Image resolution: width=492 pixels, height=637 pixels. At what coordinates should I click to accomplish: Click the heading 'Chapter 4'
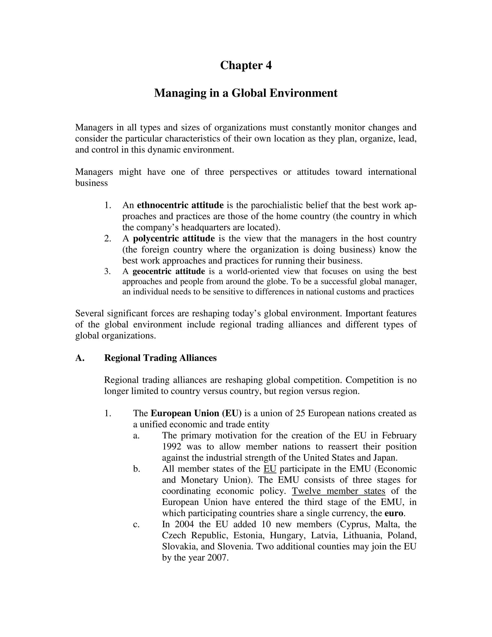pos(246,65)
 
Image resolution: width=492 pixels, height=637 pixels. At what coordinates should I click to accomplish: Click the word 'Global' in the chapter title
pos(249,93)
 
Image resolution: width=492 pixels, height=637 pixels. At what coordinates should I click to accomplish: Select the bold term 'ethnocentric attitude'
pos(180,205)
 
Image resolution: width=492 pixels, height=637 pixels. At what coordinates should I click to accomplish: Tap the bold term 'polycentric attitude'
pos(174,239)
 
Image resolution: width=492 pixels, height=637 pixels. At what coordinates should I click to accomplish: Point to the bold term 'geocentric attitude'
pos(169,272)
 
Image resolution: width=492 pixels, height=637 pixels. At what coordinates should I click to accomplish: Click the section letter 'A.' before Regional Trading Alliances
pos(80,358)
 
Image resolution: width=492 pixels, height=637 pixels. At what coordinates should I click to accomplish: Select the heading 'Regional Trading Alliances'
pos(160,358)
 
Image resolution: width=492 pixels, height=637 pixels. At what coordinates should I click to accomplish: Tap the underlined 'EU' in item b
pos(270,469)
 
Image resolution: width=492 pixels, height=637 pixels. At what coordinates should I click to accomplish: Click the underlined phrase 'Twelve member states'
pos(338,491)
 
